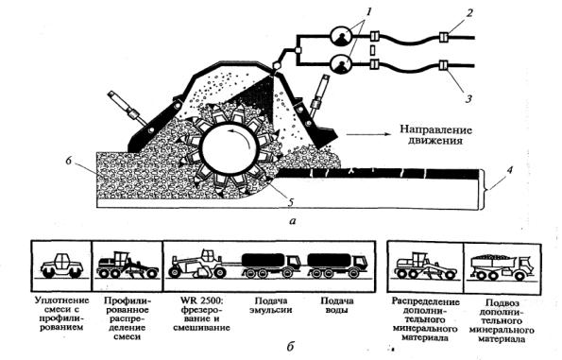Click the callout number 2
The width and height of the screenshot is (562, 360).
click(469, 13)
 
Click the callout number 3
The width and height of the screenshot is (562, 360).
click(468, 98)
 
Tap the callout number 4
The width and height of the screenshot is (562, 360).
click(510, 169)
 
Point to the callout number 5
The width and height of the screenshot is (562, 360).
click(291, 202)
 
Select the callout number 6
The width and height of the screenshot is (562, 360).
click(69, 161)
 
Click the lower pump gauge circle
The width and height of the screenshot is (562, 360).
click(340, 65)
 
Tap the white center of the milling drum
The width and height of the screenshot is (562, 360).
click(230, 149)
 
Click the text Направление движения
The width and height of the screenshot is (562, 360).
click(435, 135)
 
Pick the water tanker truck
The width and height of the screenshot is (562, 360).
click(337, 266)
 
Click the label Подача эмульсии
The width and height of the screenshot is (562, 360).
click(271, 305)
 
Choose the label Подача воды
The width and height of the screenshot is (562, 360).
click(337, 305)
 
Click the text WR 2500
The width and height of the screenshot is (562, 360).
click(201, 300)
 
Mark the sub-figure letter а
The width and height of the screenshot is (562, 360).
click(293, 221)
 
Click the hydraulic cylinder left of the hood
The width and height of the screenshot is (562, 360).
click(127, 108)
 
